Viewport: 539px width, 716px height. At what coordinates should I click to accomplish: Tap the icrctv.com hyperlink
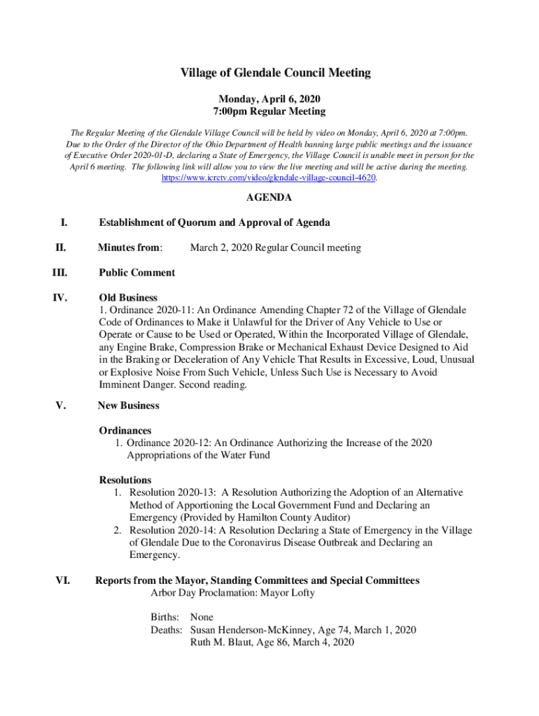pyautogui.click(x=269, y=178)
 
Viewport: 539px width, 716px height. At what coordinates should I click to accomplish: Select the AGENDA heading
pyautogui.click(x=269, y=198)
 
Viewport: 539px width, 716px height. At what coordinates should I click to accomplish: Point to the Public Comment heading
pyautogui.click(x=136, y=273)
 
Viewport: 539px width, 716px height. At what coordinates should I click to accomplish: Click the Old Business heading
pyautogui.click(x=128, y=298)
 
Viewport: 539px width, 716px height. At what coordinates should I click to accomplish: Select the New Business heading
pyautogui.click(x=128, y=406)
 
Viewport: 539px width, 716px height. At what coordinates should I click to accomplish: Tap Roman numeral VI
pyautogui.click(x=62, y=580)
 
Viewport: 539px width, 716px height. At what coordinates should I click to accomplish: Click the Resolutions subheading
pyautogui.click(x=125, y=480)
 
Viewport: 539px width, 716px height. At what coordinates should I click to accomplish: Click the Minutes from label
pyautogui.click(x=130, y=248)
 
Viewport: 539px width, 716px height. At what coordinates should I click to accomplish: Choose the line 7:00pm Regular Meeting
pyautogui.click(x=269, y=112)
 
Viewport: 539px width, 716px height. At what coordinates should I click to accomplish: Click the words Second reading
pyautogui.click(x=213, y=385)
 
